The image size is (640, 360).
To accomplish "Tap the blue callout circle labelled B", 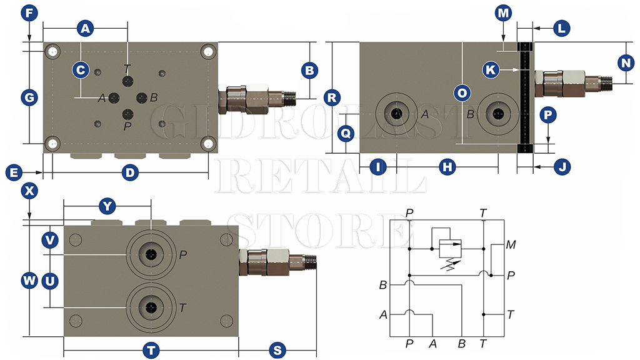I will click(309, 70).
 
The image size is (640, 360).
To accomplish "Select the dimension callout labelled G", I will click(29, 97).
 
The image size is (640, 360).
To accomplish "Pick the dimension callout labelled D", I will click(129, 172).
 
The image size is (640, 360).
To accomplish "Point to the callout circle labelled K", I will click(491, 70).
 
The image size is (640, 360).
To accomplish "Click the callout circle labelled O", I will click(461, 92).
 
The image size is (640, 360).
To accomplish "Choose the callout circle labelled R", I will click(332, 97).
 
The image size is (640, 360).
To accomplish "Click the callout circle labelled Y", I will click(107, 206).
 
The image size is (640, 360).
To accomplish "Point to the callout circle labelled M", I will click(503, 12).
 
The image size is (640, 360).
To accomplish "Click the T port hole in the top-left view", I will click(128, 82).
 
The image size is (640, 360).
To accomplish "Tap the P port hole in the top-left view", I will click(128, 114).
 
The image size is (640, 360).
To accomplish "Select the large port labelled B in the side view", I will click(497, 114).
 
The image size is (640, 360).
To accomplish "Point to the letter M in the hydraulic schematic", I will click(511, 244).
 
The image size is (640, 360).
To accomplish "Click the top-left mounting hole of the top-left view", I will click(52, 51).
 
